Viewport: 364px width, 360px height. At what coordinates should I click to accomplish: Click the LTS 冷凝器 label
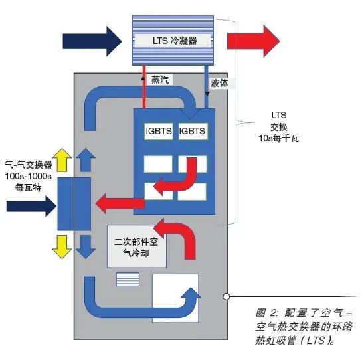point(175,39)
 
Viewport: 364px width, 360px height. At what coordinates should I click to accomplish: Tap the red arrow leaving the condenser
point(252,41)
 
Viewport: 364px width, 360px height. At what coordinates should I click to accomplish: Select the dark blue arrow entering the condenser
point(94,41)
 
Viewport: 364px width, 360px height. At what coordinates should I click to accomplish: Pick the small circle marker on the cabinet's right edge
point(227,296)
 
